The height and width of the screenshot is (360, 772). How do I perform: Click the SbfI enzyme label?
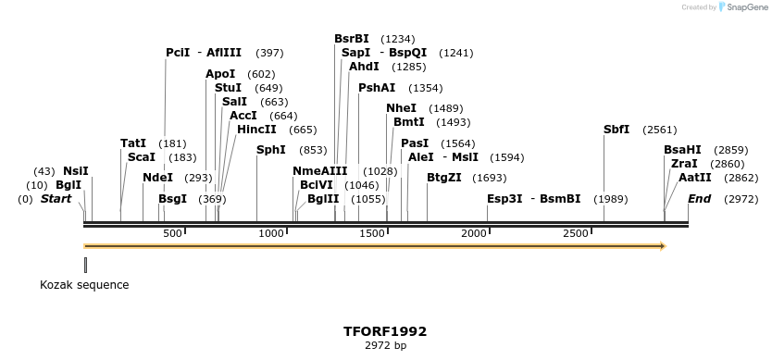pos(616,130)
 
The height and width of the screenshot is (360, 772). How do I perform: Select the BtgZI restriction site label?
pos(443,178)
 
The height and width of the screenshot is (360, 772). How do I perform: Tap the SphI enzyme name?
pos(271,150)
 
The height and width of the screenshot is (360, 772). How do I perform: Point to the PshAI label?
pos(377,88)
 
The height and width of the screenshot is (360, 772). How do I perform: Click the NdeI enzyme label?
pos(158,178)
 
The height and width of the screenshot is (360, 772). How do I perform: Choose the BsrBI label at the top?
pos(352,39)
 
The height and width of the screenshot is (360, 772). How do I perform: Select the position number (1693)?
pos(490,178)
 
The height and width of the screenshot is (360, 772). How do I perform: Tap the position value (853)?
pos(313,150)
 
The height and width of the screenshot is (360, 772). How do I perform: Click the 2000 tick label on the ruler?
pos(474,233)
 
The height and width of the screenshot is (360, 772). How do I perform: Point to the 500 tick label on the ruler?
pos(172,233)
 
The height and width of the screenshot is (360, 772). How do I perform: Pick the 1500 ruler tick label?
pos(372,233)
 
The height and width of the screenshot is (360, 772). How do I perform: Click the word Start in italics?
pos(56,199)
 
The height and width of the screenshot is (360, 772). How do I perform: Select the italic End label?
pos(699,199)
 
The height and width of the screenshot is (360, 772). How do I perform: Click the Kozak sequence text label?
pos(84,285)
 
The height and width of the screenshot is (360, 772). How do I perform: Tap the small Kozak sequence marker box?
pos(85,265)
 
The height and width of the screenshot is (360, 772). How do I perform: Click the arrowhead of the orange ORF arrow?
pos(661,246)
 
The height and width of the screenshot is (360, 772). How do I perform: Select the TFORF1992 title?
pos(385,331)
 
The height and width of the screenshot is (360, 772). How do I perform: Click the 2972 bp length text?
pos(385,345)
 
